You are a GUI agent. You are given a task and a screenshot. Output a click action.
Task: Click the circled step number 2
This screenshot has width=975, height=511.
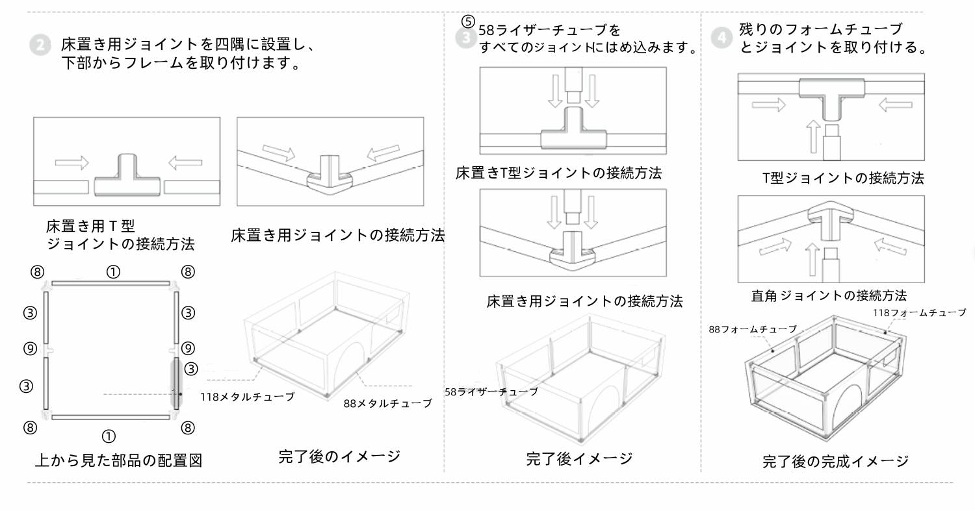[x=40, y=45]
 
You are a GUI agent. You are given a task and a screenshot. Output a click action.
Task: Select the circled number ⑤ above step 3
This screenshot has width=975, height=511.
[x=469, y=19]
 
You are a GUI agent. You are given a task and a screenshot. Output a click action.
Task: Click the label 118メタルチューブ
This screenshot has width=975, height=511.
[x=247, y=397]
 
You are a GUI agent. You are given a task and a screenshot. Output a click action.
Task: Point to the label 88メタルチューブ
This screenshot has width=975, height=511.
[x=387, y=403]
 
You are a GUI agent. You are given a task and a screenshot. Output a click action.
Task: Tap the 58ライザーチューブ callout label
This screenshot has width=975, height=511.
[x=491, y=392]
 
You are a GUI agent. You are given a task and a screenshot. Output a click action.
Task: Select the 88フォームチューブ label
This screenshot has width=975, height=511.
[x=752, y=329]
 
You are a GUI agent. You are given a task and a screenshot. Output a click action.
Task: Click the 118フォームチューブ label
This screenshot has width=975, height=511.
[x=919, y=313]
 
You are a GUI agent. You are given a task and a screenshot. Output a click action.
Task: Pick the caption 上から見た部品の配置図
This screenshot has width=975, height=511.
[x=118, y=460]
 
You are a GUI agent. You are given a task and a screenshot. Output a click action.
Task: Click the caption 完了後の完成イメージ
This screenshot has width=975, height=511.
[x=835, y=461]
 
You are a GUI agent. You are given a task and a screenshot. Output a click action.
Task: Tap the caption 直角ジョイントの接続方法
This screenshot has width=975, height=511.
[x=829, y=295]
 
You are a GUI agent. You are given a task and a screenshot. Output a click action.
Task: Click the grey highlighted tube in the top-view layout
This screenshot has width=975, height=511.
[x=175, y=382]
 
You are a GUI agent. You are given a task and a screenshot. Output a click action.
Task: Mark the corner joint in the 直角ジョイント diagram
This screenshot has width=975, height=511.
[x=830, y=221]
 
